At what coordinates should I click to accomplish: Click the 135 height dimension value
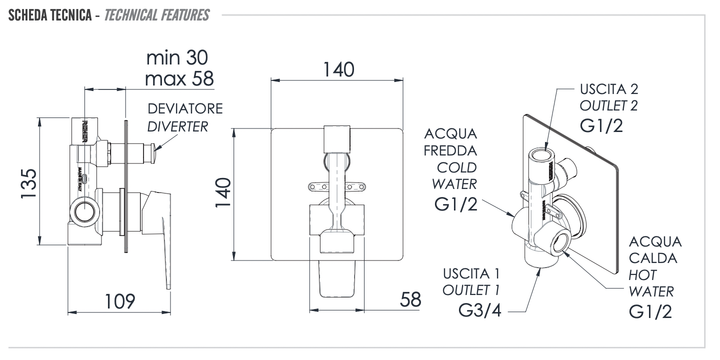coord(28,183)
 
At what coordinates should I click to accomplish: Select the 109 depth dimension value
coord(119,301)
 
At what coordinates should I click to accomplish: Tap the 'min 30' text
coord(177,58)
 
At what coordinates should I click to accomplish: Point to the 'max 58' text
coord(178,78)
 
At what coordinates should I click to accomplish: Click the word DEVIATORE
coord(185,108)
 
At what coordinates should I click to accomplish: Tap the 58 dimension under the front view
coord(410,299)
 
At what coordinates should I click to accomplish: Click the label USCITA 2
coord(609,89)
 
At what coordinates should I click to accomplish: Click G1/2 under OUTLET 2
coord(602,125)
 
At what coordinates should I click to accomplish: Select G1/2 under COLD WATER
coord(455,205)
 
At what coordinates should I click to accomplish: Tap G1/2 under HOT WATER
coord(650,311)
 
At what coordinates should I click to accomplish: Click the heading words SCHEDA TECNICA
coord(48,15)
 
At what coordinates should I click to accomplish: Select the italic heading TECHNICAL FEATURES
coord(156,15)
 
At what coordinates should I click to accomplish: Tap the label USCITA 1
coord(471,273)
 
